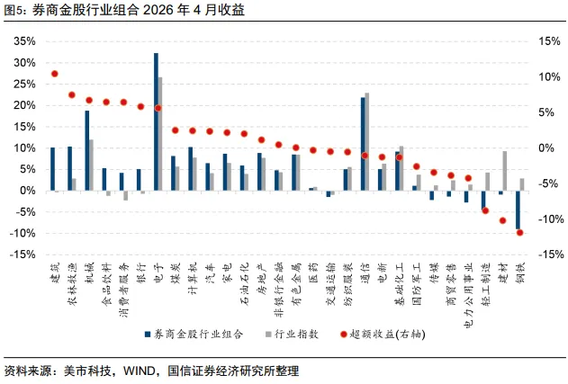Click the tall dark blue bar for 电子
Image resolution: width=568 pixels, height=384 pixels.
(156, 121)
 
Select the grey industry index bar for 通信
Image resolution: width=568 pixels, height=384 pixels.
(367, 141)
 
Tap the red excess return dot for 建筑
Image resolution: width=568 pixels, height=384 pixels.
(55, 74)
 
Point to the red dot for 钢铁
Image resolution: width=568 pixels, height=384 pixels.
(519, 233)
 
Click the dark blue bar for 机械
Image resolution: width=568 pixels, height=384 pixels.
(87, 150)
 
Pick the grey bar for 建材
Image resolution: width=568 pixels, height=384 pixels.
(505, 171)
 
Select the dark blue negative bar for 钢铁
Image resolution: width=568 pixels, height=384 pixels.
(518, 210)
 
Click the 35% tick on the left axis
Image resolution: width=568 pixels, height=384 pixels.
(25, 41)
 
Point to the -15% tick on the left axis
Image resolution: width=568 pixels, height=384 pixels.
(23, 255)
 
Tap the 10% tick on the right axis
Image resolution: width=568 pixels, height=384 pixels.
(549, 76)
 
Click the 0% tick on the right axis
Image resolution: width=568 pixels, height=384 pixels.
(546, 148)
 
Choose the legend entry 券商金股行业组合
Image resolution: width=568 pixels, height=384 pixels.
(194, 335)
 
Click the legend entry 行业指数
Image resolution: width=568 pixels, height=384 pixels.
(293, 335)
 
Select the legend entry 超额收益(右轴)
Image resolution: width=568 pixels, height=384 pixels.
(383, 335)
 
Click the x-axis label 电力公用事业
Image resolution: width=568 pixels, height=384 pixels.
(469, 295)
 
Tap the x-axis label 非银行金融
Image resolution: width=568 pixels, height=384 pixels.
(279, 290)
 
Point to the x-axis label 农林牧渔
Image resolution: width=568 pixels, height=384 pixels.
(72, 284)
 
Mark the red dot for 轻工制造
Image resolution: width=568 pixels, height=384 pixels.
(485, 210)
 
